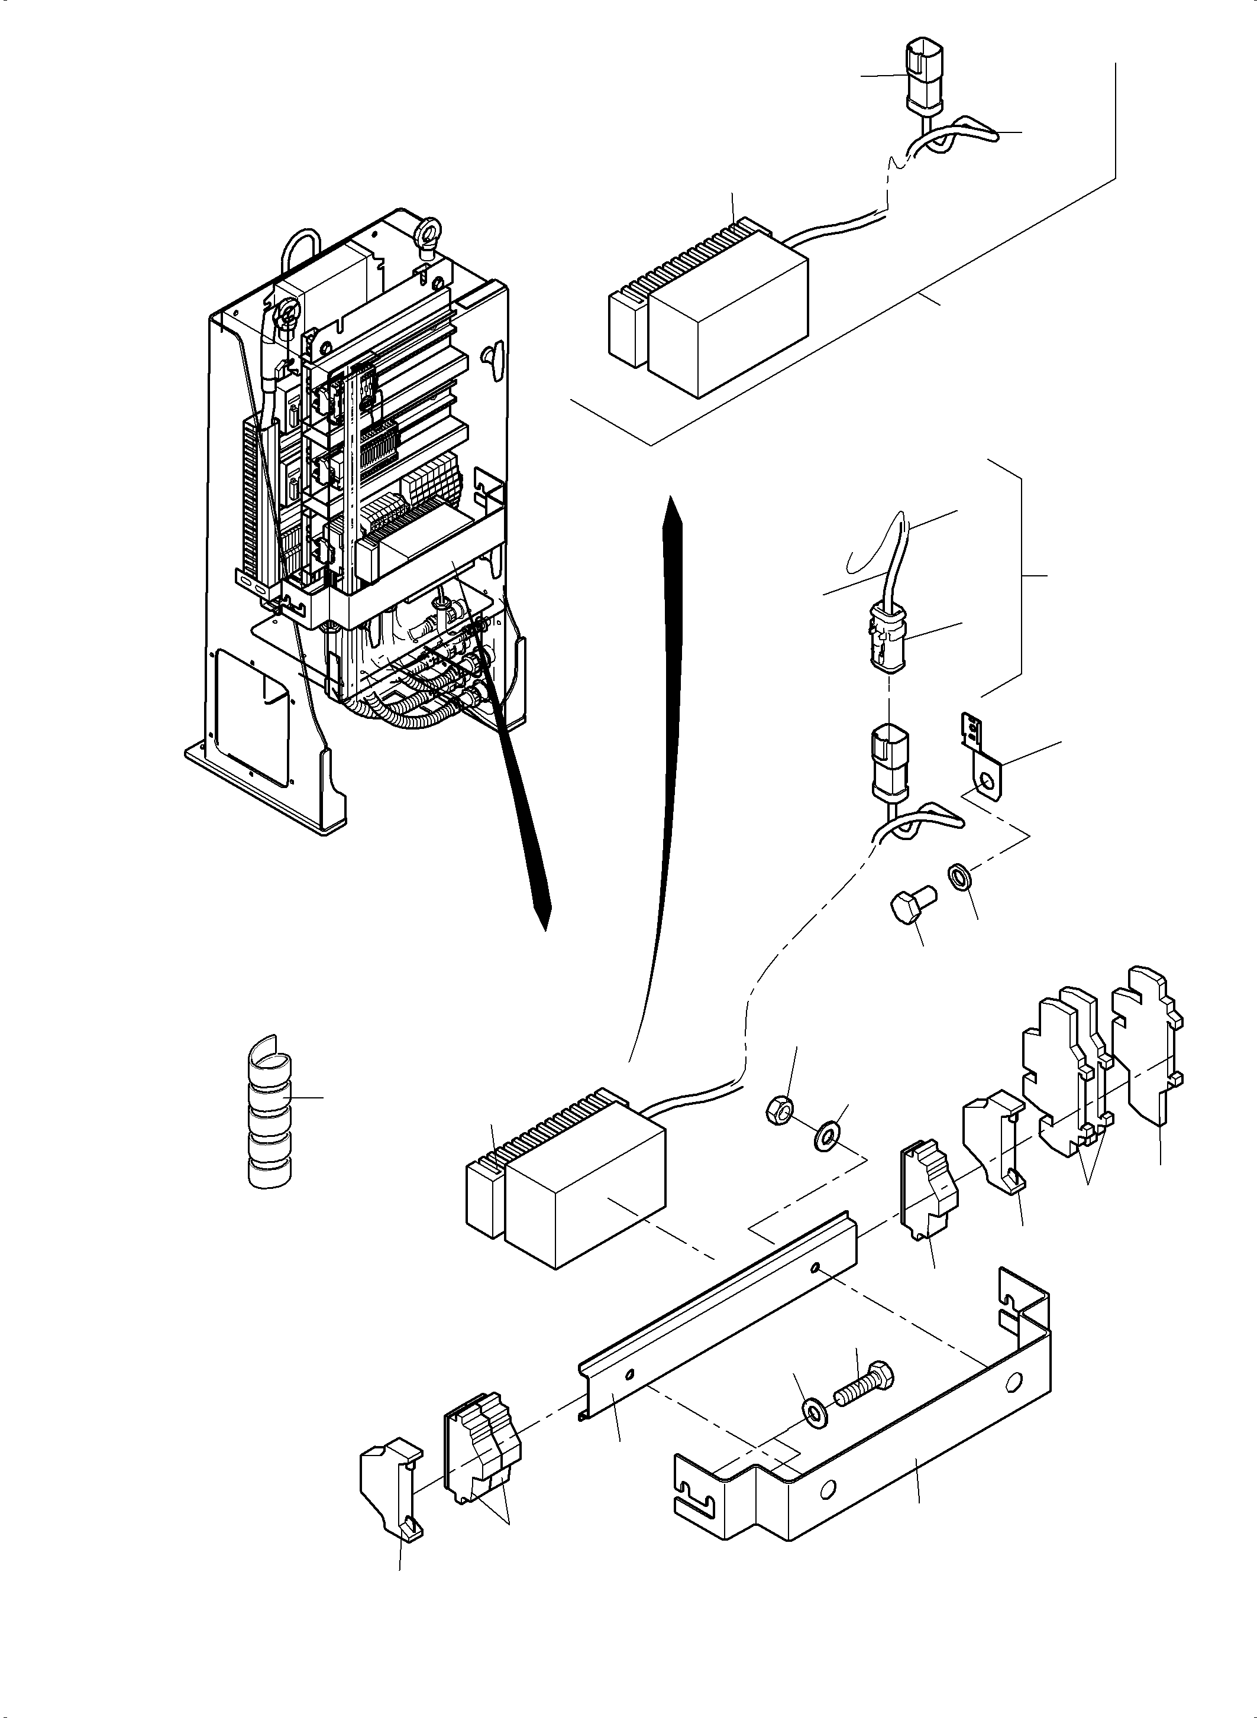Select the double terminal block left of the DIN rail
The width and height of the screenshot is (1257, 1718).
point(481,1434)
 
